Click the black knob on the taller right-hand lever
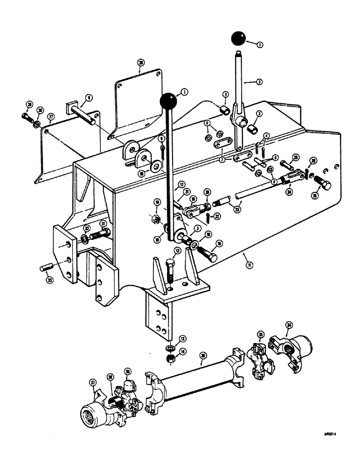[x=239, y=39]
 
